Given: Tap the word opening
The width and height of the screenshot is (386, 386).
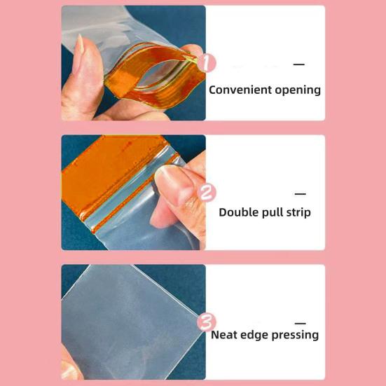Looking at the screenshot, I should [296, 90].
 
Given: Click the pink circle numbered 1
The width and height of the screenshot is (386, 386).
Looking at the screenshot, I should [207, 63].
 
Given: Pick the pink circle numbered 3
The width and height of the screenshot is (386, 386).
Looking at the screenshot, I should [206, 322].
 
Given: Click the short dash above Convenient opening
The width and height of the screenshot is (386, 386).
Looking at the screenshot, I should [299, 64].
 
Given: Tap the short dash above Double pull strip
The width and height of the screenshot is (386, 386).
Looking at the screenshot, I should [301, 194].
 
